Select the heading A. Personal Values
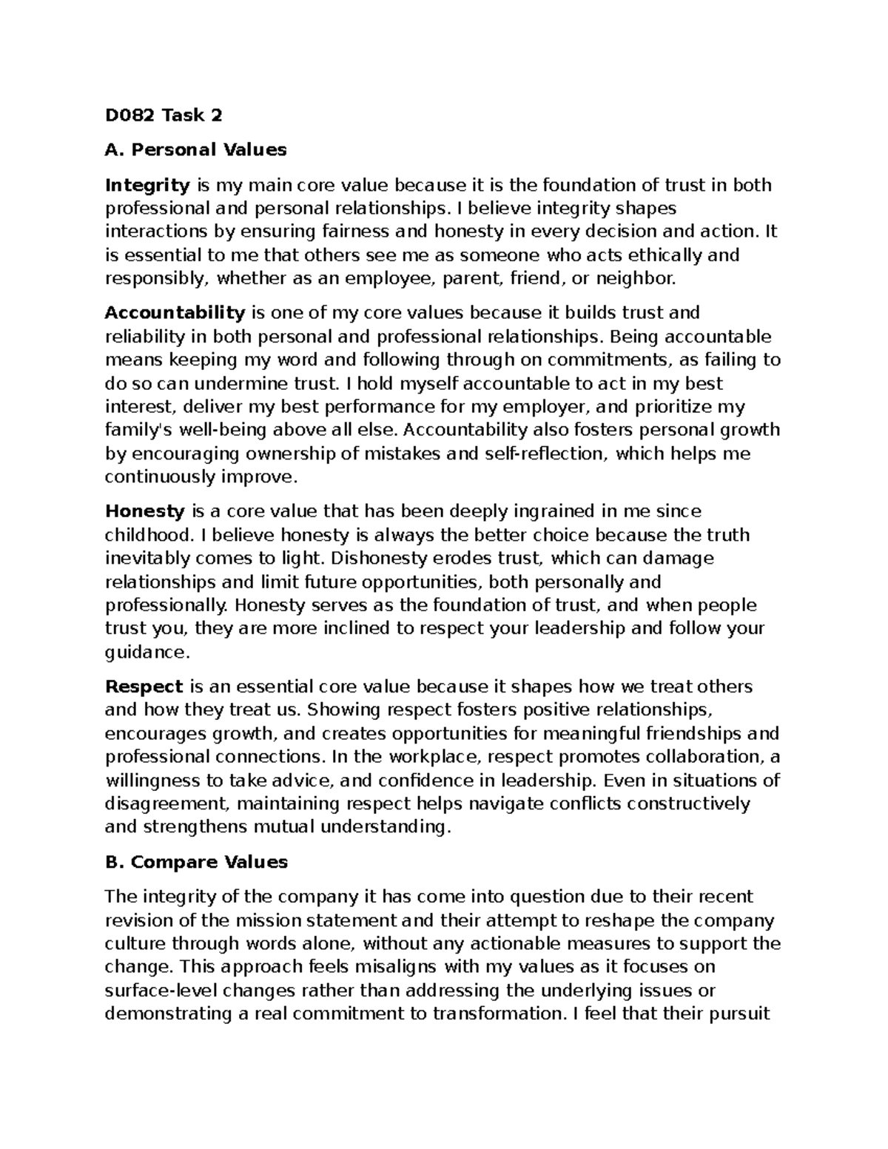click(196, 150)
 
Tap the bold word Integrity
click(148, 185)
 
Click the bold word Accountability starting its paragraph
click(175, 313)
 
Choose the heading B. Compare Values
click(196, 862)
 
